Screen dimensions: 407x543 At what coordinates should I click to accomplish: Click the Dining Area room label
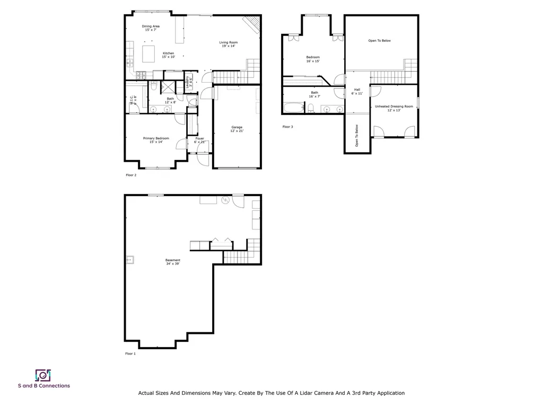pyautogui.click(x=151, y=28)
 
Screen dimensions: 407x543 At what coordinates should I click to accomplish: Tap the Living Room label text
pyautogui.click(x=229, y=44)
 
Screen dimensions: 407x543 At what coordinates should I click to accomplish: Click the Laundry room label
pyautogui.click(x=188, y=83)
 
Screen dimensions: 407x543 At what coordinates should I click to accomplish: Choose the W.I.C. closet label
pyautogui.click(x=133, y=100)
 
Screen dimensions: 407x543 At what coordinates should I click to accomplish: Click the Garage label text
pyautogui.click(x=237, y=129)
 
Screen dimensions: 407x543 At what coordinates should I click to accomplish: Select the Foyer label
pyautogui.click(x=199, y=140)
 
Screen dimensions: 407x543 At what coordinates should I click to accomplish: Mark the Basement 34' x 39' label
pyautogui.click(x=172, y=262)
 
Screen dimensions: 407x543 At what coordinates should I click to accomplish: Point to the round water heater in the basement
pyautogui.click(x=224, y=200)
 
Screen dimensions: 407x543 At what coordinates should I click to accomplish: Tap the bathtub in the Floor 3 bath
pyautogui.click(x=292, y=109)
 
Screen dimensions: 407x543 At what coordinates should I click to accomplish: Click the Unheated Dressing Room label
pyautogui.click(x=393, y=108)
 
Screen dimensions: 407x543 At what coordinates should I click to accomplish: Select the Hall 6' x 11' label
pyautogui.click(x=357, y=91)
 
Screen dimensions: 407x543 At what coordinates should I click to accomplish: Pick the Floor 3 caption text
pyautogui.click(x=287, y=127)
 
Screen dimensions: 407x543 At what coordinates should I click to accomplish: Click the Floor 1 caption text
pyautogui.click(x=130, y=353)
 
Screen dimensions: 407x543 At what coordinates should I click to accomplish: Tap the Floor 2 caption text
pyautogui.click(x=130, y=175)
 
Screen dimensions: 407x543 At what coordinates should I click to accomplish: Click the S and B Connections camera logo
pyautogui.click(x=43, y=375)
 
